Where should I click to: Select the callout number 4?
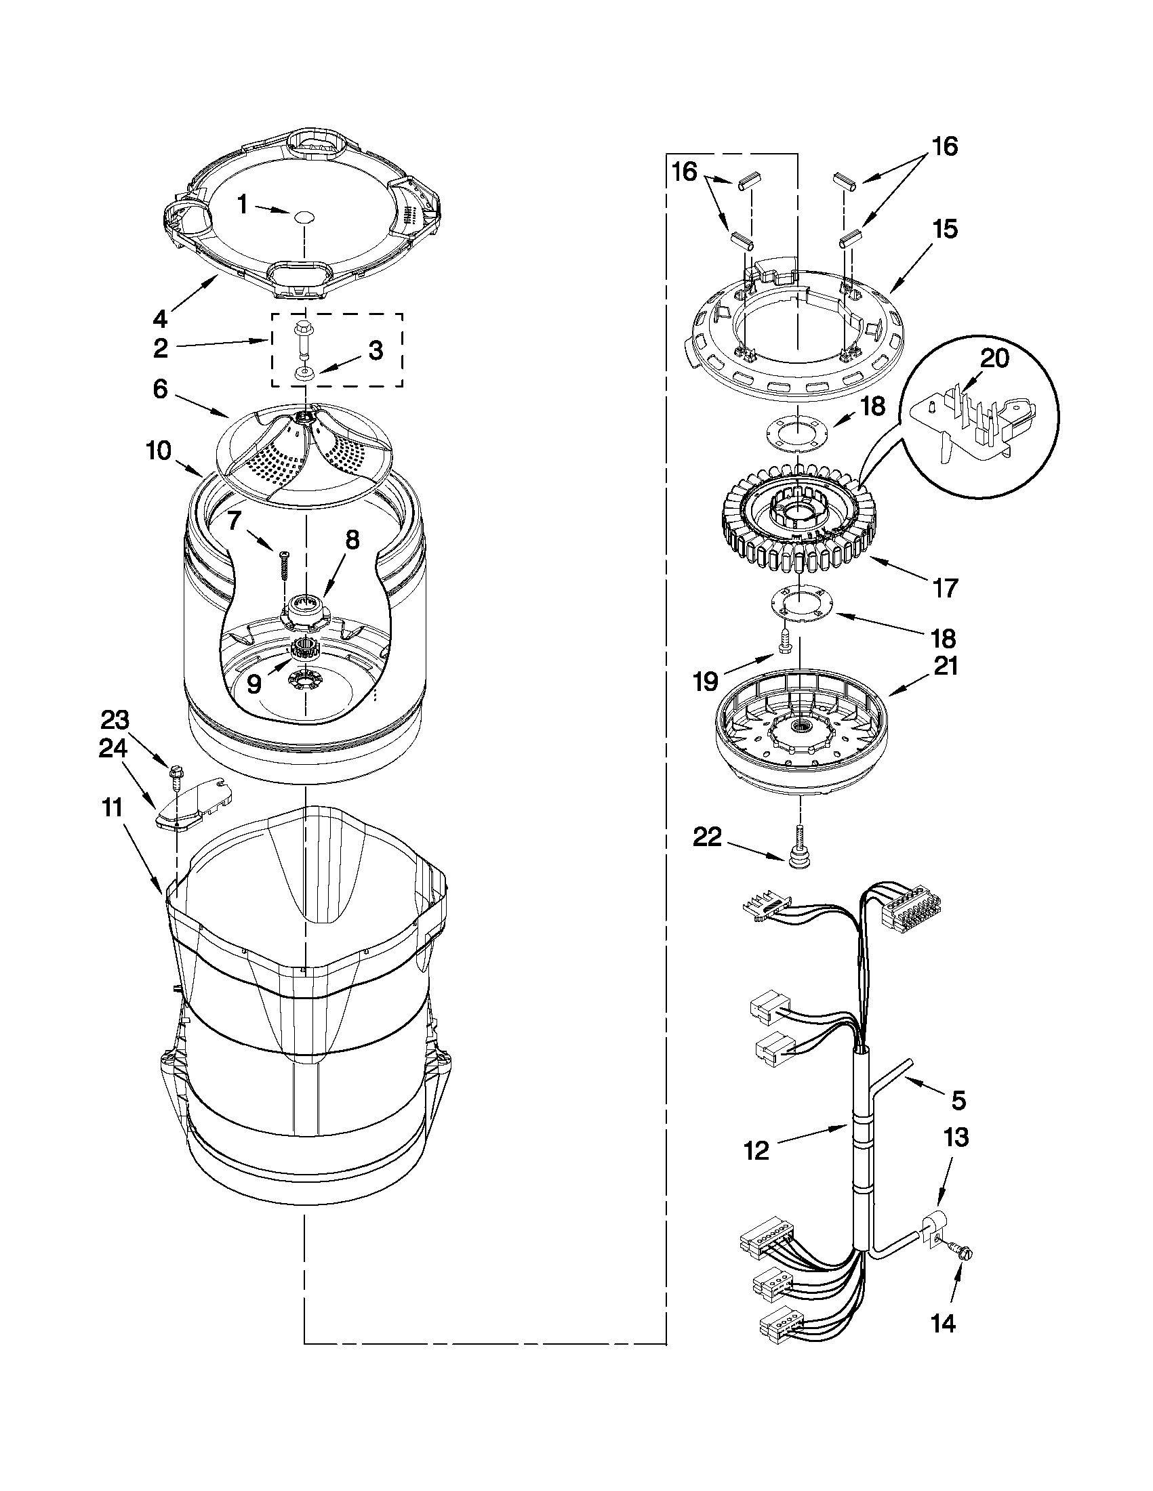[159, 318]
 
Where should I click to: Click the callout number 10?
[159, 452]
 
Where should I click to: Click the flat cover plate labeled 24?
[194, 803]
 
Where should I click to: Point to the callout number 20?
[994, 358]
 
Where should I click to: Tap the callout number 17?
[946, 587]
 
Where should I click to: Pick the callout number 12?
[757, 1150]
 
